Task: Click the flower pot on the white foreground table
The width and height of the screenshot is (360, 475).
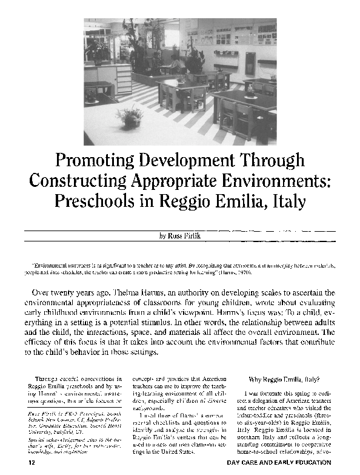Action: [130, 116]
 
